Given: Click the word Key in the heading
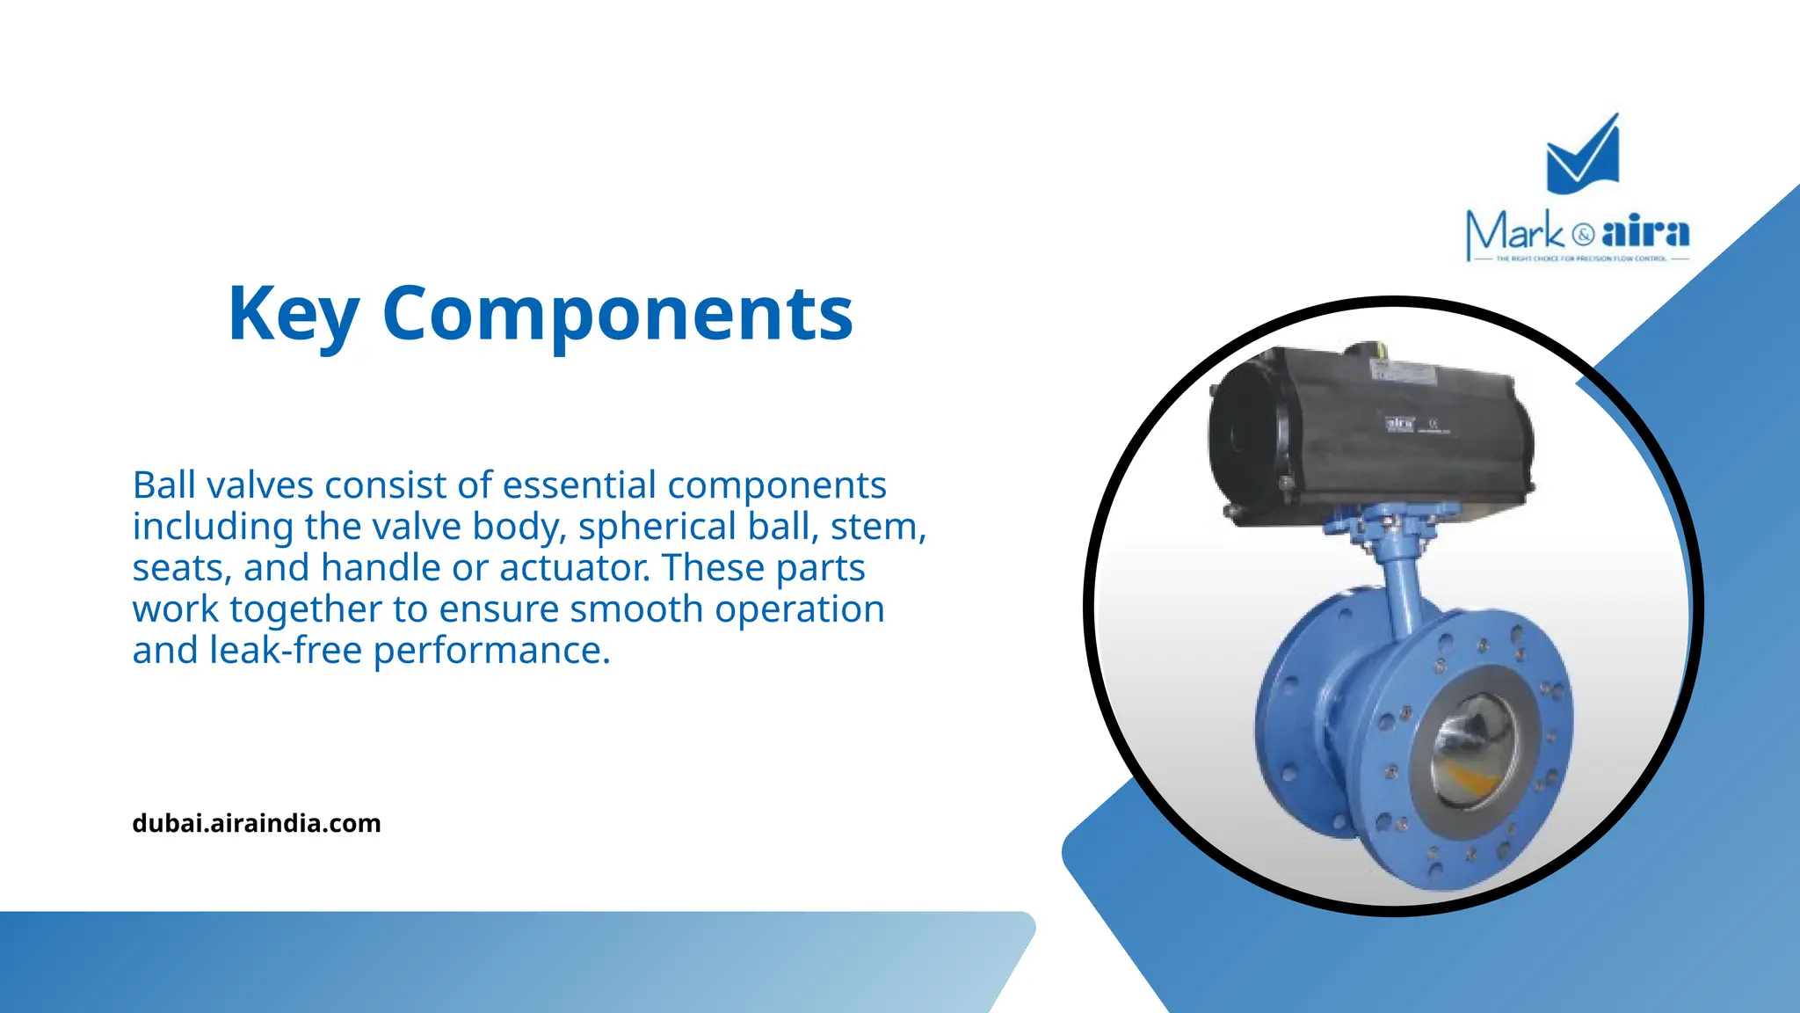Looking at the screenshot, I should pyautogui.click(x=293, y=315).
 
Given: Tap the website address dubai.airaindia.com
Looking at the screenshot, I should pyautogui.click(x=257, y=824).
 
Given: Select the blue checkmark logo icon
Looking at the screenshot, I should pyautogui.click(x=1582, y=157).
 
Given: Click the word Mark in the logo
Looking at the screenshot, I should pyautogui.click(x=1515, y=233).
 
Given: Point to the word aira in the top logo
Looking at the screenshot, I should pyautogui.click(x=1645, y=232).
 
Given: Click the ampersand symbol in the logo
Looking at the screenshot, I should pyautogui.click(x=1583, y=235).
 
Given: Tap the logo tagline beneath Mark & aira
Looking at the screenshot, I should pyautogui.click(x=1580, y=259).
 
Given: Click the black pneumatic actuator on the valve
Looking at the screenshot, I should pyautogui.click(x=1371, y=431).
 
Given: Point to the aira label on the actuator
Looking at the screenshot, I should pyautogui.click(x=1400, y=424).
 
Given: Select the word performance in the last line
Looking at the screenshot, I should pyautogui.click(x=490, y=652).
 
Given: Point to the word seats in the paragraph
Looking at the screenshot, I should pyautogui.click(x=181, y=569).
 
